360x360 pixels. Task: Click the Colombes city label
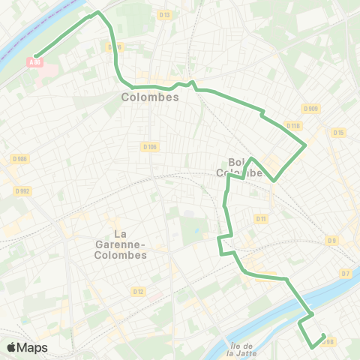tap(150, 97)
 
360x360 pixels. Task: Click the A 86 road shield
tap(34, 63)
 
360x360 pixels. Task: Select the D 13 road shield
tap(165, 14)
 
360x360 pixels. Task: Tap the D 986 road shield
tap(20, 158)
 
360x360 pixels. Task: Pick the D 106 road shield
tap(148, 147)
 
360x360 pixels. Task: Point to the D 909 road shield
tap(313, 109)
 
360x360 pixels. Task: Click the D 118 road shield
tap(293, 126)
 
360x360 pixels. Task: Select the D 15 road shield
tap(338, 133)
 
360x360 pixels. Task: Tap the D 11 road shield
tap(261, 219)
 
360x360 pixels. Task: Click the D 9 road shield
tap(331, 240)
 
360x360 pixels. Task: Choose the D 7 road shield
tap(345, 273)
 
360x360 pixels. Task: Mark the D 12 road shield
tap(138, 291)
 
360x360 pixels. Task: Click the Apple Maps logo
tap(27, 347)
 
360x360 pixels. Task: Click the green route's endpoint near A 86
tap(35, 52)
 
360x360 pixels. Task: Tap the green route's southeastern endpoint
tap(323, 336)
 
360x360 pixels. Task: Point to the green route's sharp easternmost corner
tap(305, 144)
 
